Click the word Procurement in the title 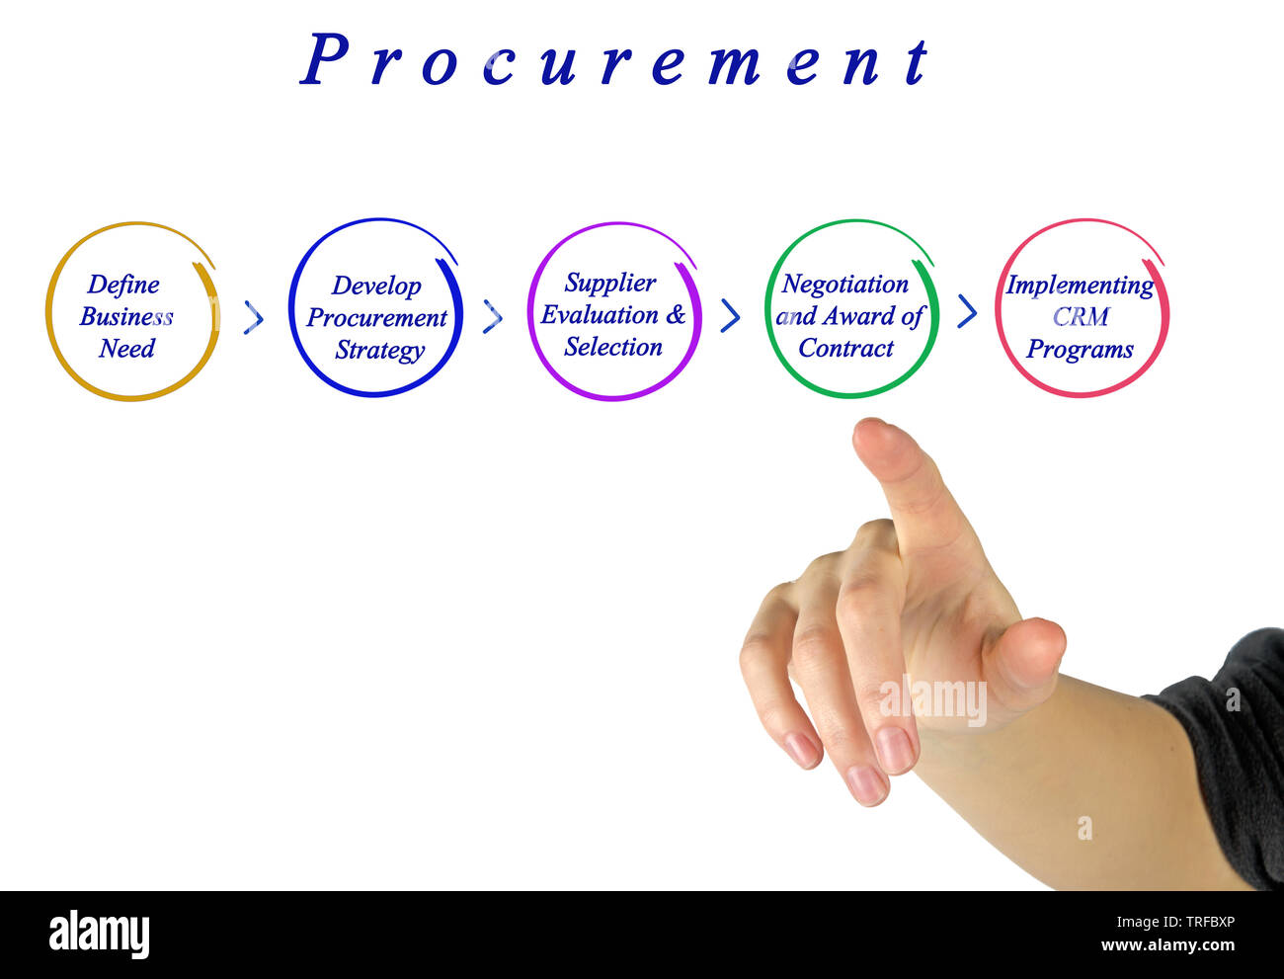point(614,61)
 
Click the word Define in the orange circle point(123,285)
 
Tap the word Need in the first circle point(126,349)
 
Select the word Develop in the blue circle point(376,286)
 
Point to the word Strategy point(379,351)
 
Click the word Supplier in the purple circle point(610,283)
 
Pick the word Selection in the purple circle point(613,347)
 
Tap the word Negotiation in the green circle point(845,285)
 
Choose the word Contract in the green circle point(846,348)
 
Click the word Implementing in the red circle point(1080,286)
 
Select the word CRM point(1081,317)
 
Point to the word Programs point(1080,350)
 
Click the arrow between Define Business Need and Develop point(254,317)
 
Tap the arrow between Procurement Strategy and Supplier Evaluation point(493,317)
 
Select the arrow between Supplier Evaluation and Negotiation point(731,315)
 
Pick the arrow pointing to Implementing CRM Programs point(968,312)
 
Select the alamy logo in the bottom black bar point(99,935)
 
